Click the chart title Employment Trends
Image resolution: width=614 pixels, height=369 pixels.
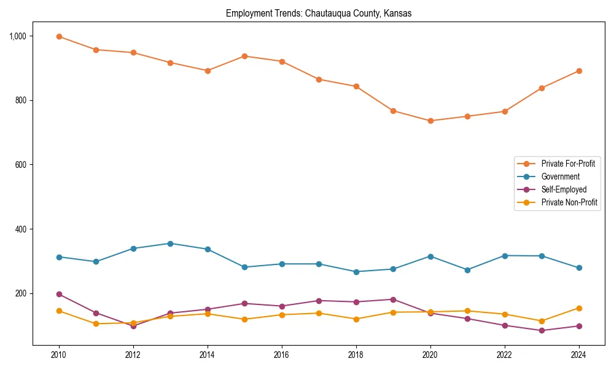click(x=319, y=14)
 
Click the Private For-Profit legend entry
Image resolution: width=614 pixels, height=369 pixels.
click(x=567, y=164)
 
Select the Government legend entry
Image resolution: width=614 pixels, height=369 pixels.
click(x=560, y=177)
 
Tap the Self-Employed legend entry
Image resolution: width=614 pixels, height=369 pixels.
click(x=564, y=189)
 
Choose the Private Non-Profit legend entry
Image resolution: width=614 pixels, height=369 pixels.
click(x=569, y=202)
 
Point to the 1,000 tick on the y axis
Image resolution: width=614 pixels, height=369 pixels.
click(x=18, y=36)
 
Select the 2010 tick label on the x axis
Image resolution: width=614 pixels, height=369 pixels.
click(x=59, y=355)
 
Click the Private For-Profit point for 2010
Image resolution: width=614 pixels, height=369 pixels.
click(x=59, y=36)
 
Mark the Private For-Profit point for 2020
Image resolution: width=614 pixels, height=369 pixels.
click(x=430, y=121)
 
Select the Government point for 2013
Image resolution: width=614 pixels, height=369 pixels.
click(x=171, y=244)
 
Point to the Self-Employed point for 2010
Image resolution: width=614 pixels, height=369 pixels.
click(x=59, y=294)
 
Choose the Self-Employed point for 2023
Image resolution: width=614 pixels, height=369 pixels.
click(x=542, y=330)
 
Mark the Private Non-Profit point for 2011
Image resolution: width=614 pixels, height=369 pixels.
click(x=96, y=323)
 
